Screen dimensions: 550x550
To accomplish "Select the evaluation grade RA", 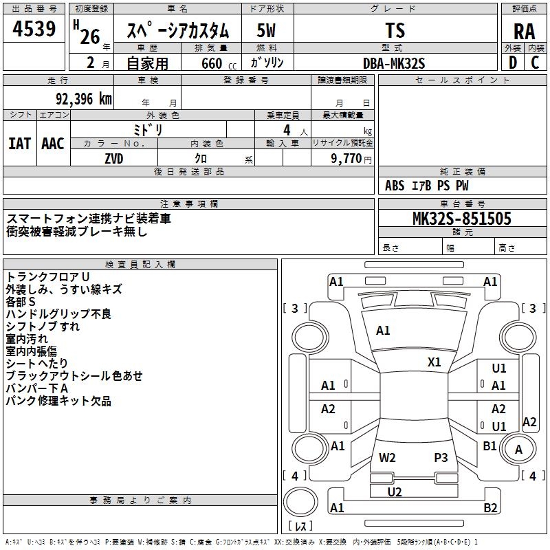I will [524, 32].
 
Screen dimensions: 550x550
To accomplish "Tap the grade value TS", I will [396, 31].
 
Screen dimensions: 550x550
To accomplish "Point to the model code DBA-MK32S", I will [394, 63].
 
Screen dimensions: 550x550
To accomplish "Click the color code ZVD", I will [114, 158].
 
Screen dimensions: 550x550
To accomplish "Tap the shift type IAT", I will [19, 144].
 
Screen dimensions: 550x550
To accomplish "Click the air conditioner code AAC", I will [53, 144].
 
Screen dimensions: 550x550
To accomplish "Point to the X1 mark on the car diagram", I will [434, 362].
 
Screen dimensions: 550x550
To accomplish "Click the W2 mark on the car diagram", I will [387, 457].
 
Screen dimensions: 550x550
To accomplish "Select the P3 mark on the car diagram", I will [441, 457].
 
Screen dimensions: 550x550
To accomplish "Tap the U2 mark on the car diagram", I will [395, 492].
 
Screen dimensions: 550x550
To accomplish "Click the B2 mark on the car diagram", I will [490, 508].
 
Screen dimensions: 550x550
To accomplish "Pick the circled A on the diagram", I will [519, 450].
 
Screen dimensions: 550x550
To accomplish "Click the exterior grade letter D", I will [512, 63].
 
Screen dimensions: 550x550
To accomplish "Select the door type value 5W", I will [267, 31].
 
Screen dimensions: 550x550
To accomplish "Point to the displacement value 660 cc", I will [210, 63].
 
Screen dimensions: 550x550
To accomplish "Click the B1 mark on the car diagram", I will [489, 446].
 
